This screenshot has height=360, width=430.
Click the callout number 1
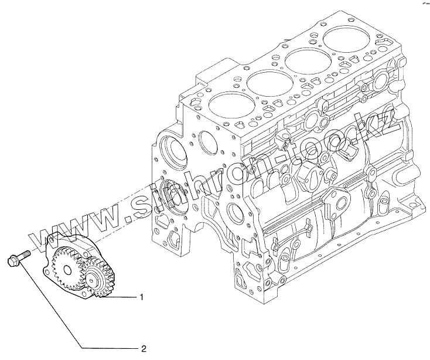pyautogui.click(x=142, y=297)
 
